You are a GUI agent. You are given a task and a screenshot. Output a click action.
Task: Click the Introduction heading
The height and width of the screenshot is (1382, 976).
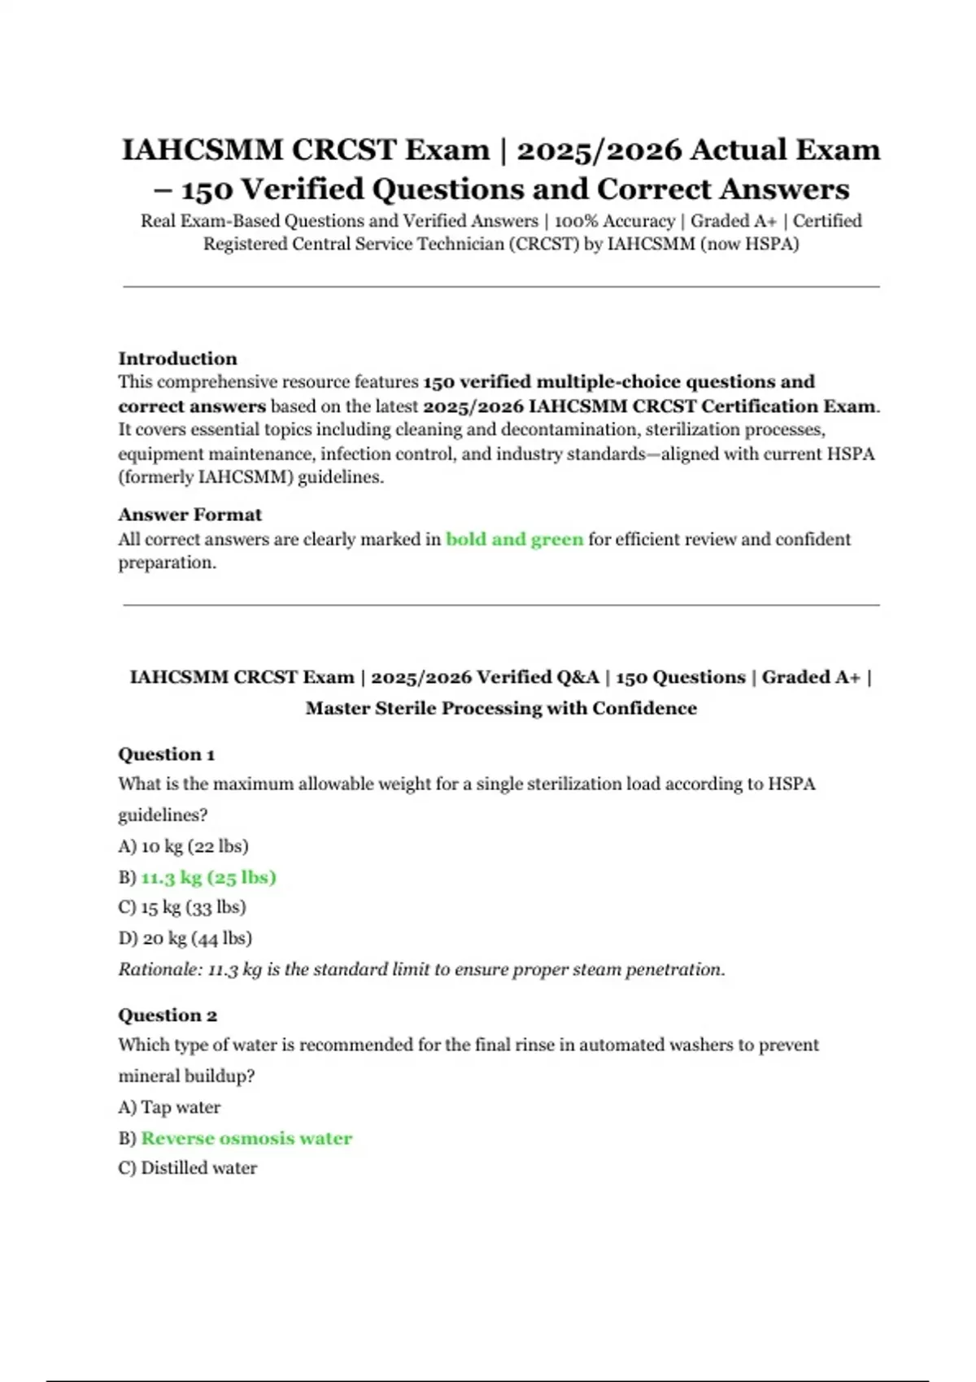click(177, 359)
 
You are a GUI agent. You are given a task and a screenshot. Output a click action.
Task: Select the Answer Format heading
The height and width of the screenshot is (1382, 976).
click(190, 515)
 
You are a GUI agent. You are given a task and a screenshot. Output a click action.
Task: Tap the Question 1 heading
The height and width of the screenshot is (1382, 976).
click(166, 754)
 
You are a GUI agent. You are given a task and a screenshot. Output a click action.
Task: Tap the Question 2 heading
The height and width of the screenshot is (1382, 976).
click(167, 1015)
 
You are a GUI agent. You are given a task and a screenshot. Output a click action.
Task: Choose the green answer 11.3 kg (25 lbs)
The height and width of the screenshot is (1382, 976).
click(208, 877)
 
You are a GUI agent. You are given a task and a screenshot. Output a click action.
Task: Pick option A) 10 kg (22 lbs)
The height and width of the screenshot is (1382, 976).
click(183, 846)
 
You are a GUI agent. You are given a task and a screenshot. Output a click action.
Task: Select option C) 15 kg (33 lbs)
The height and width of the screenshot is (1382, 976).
click(182, 907)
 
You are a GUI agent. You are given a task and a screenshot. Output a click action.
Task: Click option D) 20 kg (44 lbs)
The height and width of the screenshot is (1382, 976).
click(185, 938)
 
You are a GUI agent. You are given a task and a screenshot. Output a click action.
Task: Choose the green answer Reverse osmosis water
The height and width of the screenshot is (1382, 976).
click(246, 1138)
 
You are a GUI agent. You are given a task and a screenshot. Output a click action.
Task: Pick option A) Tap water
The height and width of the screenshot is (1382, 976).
click(169, 1107)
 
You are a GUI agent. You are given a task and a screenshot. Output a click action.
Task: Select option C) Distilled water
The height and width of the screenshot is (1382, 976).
click(187, 1168)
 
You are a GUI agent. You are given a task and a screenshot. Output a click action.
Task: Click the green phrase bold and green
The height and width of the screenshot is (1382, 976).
click(514, 539)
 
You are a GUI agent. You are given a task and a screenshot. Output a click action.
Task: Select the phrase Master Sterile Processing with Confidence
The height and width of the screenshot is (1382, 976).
click(501, 708)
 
